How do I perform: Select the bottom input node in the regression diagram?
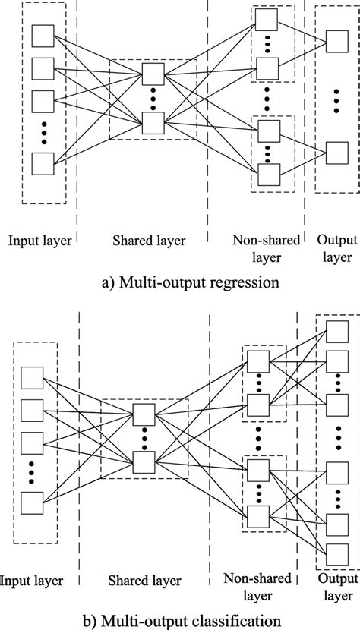pyautogui.click(x=43, y=163)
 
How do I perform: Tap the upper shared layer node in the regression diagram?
pyautogui.click(x=153, y=73)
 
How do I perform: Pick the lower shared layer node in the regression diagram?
pyautogui.click(x=153, y=122)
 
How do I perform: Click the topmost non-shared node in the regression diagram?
pyautogui.click(x=267, y=18)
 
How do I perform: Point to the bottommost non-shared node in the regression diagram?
pyautogui.click(x=267, y=175)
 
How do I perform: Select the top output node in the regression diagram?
pyautogui.click(x=334, y=42)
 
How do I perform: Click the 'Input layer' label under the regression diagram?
pyautogui.click(x=40, y=241)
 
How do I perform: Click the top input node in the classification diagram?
pyautogui.click(x=32, y=377)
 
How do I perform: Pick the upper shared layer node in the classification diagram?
pyautogui.click(x=144, y=414)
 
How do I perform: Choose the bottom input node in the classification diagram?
pyautogui.click(x=32, y=502)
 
